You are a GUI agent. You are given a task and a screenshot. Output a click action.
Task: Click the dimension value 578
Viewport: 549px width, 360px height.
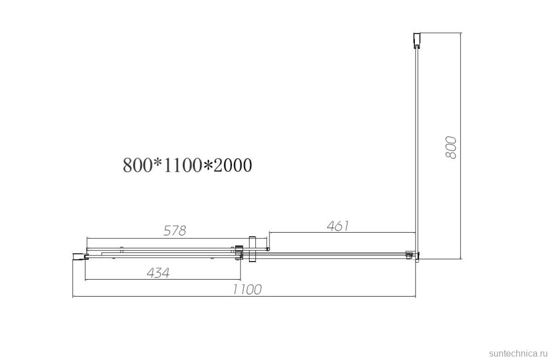pyautogui.click(x=174, y=230)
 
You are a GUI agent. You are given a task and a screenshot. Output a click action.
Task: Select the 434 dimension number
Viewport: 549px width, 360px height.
pyautogui.click(x=158, y=272)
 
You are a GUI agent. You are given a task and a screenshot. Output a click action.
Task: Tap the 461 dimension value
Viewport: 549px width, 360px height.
pyautogui.click(x=338, y=226)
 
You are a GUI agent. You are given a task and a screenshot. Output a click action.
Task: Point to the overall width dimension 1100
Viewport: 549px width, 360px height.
pyautogui.click(x=247, y=289)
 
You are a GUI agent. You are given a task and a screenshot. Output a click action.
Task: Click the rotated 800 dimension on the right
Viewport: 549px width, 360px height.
pyautogui.click(x=451, y=147)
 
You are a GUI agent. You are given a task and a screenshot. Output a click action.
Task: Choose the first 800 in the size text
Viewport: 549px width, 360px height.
pyautogui.click(x=138, y=165)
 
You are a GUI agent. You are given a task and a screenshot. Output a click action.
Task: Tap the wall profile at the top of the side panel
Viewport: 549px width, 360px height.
pyautogui.click(x=417, y=41)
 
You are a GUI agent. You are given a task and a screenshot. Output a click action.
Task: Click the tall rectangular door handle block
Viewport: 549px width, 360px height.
pyautogui.click(x=252, y=249)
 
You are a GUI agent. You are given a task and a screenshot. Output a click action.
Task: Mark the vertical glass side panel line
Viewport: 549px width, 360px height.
pyautogui.click(x=417, y=147)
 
